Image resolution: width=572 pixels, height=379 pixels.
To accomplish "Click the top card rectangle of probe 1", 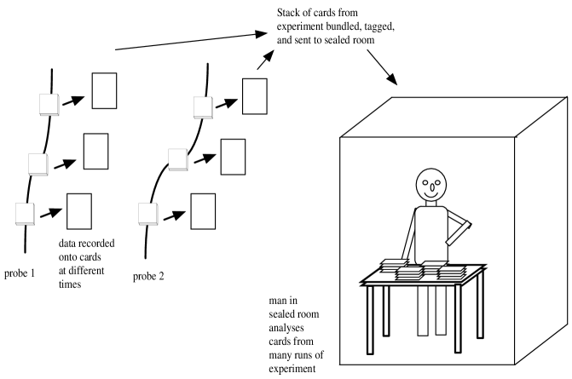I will tap(104, 91).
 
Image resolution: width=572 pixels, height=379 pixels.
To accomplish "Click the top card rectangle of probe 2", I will tap(253, 95).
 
